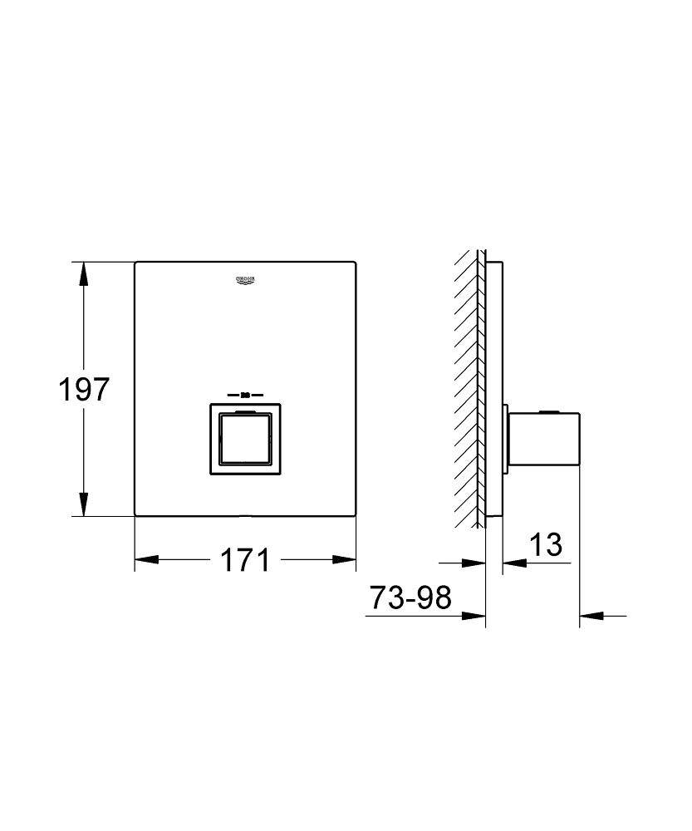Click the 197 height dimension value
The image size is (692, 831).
pyautogui.click(x=84, y=389)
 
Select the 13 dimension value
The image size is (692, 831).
pyautogui.click(x=546, y=545)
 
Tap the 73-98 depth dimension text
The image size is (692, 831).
pyautogui.click(x=410, y=597)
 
